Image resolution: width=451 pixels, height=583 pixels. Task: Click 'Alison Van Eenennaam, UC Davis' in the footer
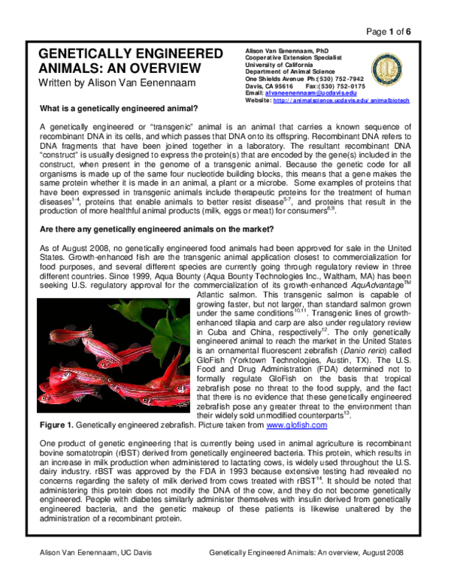click(x=95, y=553)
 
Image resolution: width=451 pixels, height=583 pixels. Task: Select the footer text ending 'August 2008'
click(x=309, y=553)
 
